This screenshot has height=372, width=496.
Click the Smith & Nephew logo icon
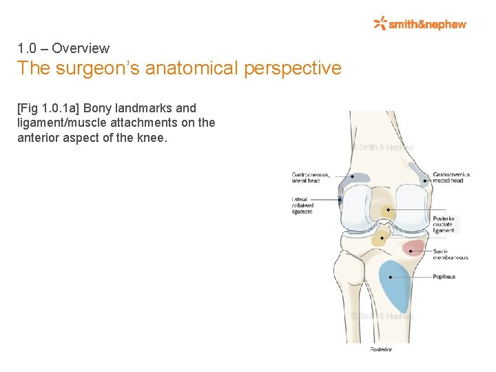[380, 23]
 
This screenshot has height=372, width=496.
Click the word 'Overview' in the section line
[81, 48]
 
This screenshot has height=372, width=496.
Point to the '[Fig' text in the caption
[28, 108]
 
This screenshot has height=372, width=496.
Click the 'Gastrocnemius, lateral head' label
[311, 178]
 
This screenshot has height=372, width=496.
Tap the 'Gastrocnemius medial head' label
[451, 178]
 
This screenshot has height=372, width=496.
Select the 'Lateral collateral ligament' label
[302, 205]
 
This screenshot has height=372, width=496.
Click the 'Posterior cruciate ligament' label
[444, 225]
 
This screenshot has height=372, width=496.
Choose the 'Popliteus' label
[444, 277]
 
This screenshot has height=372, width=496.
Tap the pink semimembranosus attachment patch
[413, 247]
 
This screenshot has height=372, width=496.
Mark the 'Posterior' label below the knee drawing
[381, 349]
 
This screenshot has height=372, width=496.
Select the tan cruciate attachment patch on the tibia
[380, 238]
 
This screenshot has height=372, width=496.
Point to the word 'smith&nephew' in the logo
[427, 24]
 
